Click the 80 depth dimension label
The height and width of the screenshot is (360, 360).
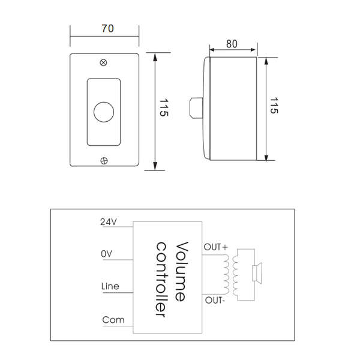point(231,43)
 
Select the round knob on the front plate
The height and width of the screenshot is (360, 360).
point(104,112)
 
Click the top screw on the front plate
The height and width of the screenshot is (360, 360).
point(104,62)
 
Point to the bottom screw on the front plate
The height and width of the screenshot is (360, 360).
point(104,160)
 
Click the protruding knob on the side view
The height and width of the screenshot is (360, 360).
point(196,107)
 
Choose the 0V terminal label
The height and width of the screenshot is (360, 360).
point(107,254)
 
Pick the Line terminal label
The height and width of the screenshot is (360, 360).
point(110,286)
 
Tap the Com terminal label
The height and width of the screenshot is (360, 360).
point(113,319)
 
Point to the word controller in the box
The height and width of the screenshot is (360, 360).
point(161,278)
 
